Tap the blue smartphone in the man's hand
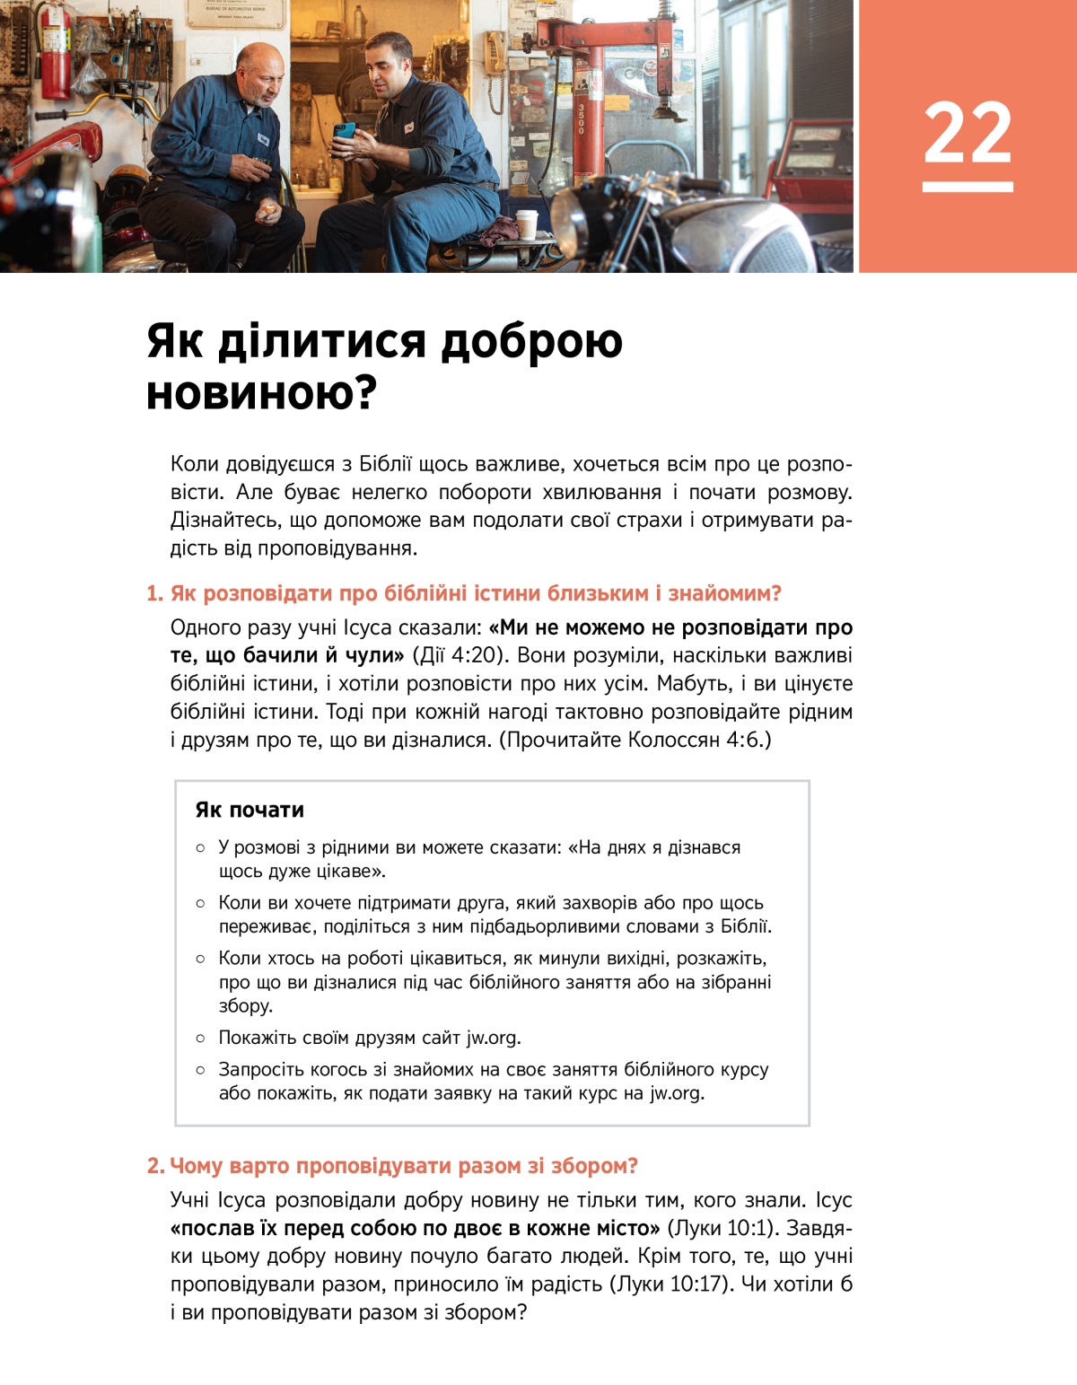coord(344,131)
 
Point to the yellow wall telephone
coord(495,56)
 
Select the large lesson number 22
coord(968,135)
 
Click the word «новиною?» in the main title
coord(260,393)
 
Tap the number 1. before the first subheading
coord(155,593)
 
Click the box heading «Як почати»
coord(250,810)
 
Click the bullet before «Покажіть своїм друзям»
coord(200,1038)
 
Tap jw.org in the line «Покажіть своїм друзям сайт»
coord(492,1038)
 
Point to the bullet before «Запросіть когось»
coord(200,1070)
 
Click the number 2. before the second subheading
coord(156,1166)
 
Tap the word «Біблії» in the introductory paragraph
coord(385,464)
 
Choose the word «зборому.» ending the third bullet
coord(246,1005)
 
